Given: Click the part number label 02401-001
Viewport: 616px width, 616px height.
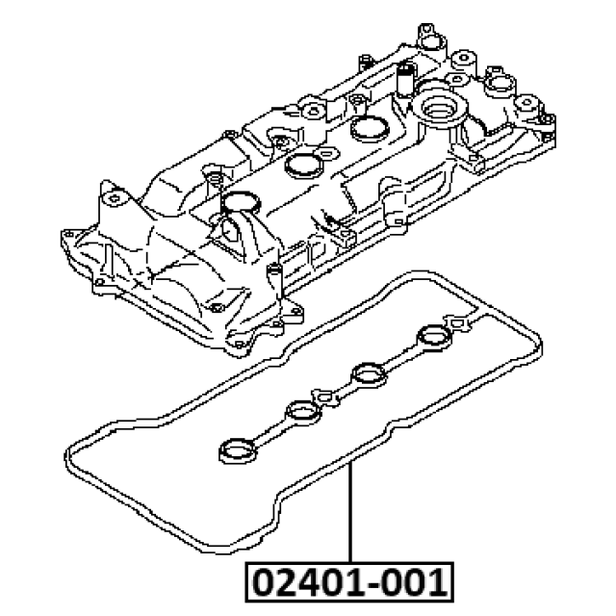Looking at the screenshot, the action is point(349,582).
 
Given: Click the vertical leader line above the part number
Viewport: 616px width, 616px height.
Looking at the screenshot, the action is point(350,512).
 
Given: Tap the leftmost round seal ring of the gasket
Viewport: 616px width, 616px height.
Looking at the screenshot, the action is point(238,450).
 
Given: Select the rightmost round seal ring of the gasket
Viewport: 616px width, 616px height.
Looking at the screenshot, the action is point(434,336).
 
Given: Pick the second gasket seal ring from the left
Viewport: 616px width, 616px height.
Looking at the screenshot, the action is point(303,413).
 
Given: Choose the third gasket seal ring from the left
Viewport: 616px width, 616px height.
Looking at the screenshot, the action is point(368,374).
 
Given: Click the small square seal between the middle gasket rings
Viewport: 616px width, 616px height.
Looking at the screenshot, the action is point(325,397).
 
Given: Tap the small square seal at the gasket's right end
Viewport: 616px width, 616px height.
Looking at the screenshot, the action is point(458,322).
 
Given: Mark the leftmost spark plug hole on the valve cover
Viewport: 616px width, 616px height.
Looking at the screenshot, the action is point(241,201).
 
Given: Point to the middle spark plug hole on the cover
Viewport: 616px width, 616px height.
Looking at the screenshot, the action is point(304,164).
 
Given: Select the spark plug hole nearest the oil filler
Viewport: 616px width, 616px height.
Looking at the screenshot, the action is point(370,128).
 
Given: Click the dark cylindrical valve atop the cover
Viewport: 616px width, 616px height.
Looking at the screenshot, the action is point(404,78).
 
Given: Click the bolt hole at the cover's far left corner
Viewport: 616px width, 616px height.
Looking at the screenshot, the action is point(68,235).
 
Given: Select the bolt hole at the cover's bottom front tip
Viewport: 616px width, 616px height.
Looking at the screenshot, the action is point(239,345).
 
